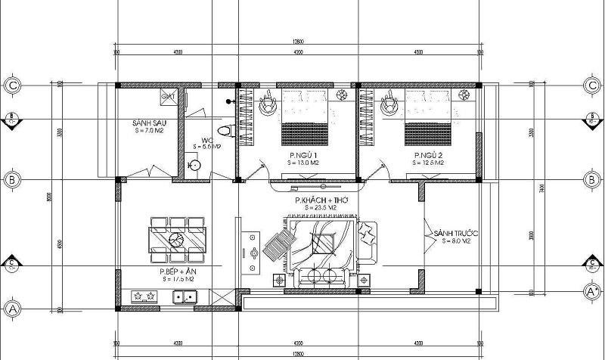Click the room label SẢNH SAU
coord(148,122)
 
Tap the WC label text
coord(206,140)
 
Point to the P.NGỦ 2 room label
coord(427,155)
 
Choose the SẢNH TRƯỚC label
coord(452,234)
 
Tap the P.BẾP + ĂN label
coord(175,271)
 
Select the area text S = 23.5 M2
coord(318,206)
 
